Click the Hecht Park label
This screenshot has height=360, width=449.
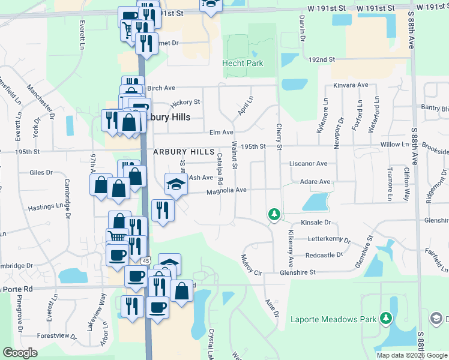243,63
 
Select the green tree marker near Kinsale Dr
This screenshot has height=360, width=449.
274,214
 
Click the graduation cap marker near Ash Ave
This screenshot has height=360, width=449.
175,184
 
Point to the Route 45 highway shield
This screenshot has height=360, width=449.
146,261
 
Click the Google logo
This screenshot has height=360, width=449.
21,352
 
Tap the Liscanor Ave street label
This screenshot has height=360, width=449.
308,163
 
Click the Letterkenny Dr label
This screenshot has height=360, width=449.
328,239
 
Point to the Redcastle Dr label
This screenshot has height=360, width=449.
324,255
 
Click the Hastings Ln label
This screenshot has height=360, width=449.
46,207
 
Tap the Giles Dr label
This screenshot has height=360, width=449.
41,172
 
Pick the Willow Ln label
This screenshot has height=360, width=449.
394,145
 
